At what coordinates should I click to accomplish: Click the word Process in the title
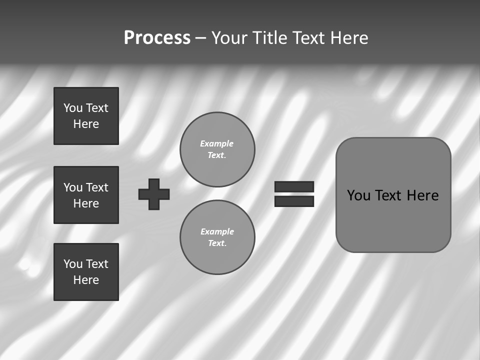(x=157, y=38)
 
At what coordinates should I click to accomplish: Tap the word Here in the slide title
(x=348, y=38)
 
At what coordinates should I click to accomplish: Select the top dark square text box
(x=86, y=116)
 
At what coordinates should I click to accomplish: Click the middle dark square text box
(x=86, y=195)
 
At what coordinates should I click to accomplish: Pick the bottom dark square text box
(x=86, y=272)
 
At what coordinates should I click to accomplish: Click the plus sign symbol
(x=154, y=194)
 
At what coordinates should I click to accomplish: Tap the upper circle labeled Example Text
(x=217, y=149)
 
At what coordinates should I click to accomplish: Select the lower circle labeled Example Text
(x=217, y=237)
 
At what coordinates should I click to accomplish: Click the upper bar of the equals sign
(x=294, y=186)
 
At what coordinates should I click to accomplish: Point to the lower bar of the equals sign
(x=294, y=201)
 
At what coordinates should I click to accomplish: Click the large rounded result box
(x=393, y=220)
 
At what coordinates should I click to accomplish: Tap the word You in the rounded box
(x=358, y=195)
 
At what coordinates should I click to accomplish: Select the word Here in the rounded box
(x=422, y=195)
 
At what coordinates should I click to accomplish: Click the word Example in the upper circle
(x=216, y=143)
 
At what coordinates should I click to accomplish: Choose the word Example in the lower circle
(x=217, y=231)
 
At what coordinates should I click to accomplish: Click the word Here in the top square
(x=86, y=124)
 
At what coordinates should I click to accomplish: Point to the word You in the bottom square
(x=73, y=264)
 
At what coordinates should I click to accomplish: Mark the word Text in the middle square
(x=96, y=187)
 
